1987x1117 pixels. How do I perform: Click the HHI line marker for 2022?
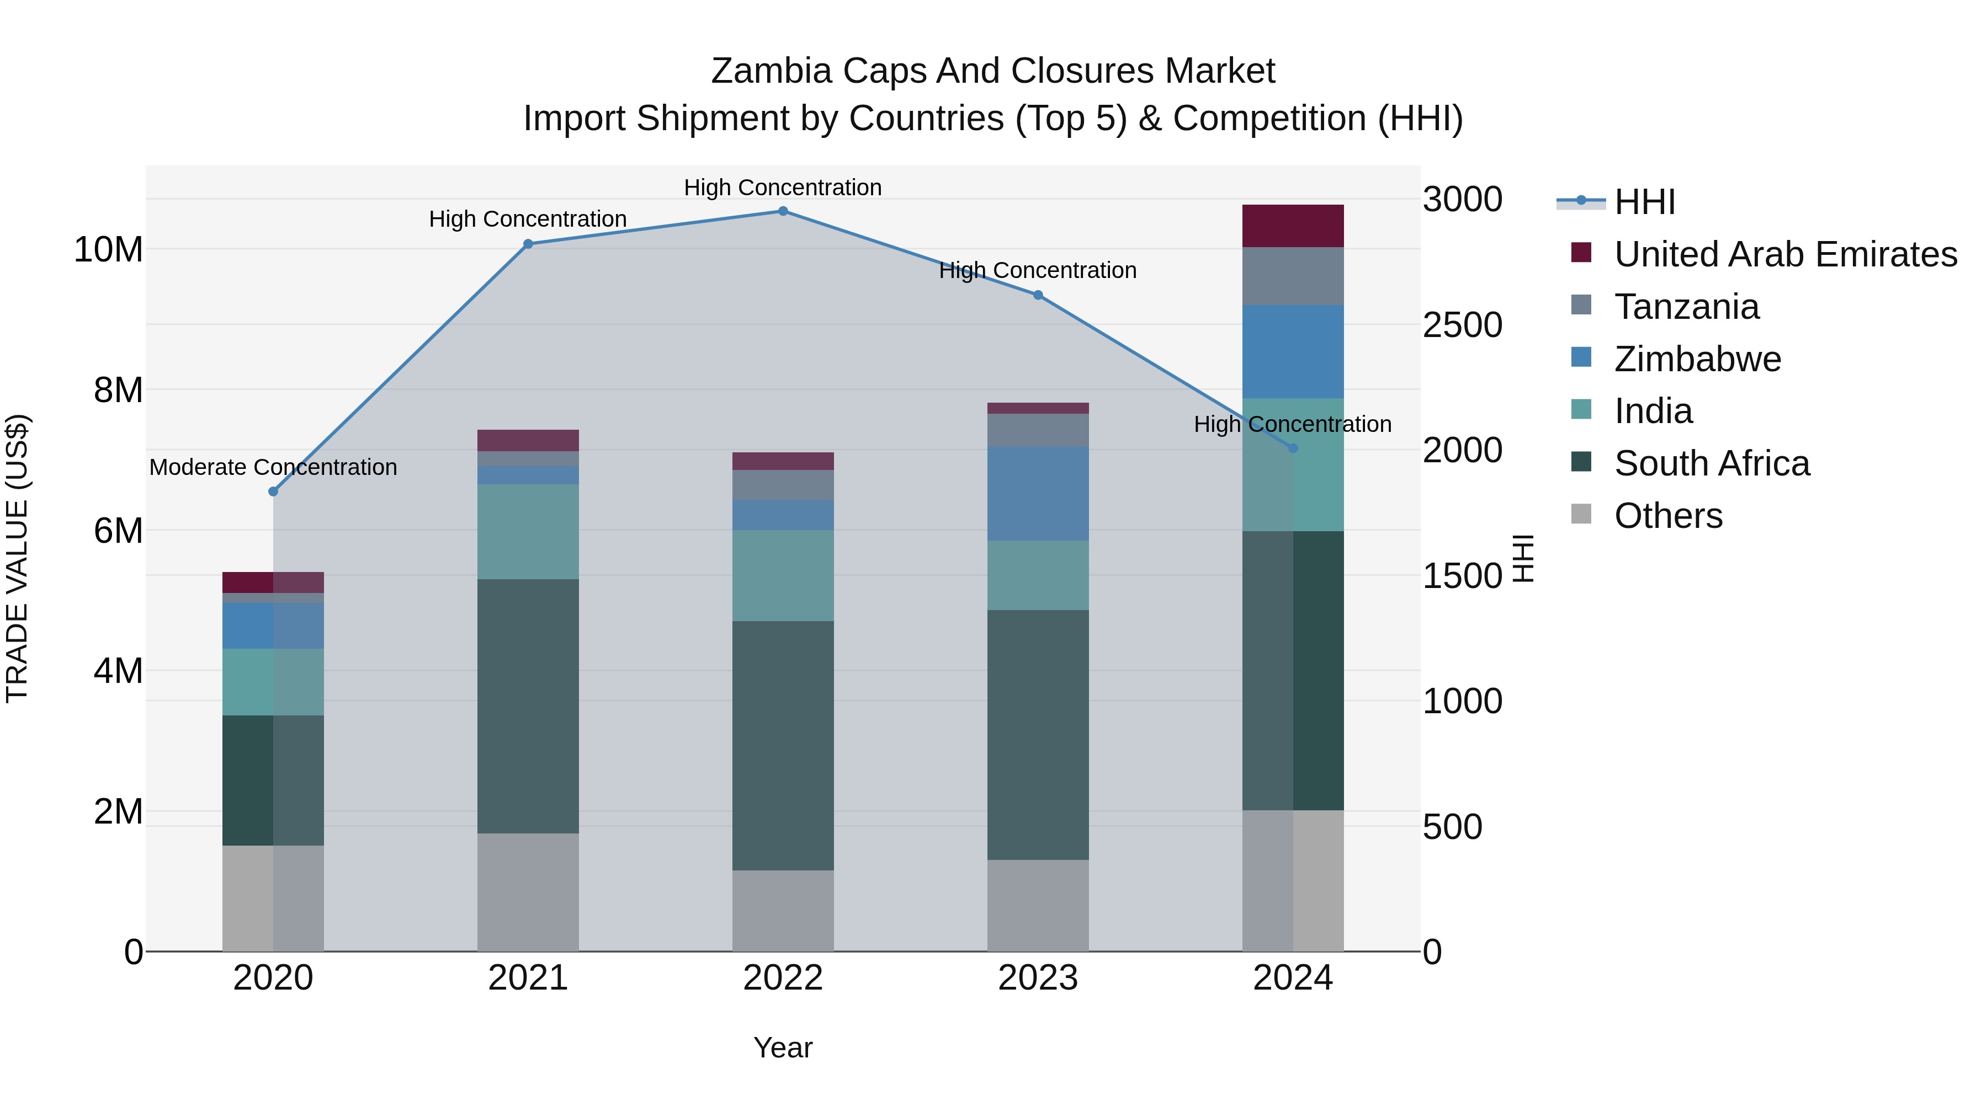point(783,211)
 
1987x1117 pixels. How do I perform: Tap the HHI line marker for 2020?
point(273,492)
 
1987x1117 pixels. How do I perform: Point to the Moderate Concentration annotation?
point(273,467)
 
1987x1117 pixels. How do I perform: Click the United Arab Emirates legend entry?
point(1785,254)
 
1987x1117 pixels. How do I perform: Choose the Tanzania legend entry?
point(1686,307)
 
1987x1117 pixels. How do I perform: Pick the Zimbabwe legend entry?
point(1697,359)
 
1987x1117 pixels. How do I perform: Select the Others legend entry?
point(1667,516)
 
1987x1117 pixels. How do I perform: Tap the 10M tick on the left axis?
point(108,250)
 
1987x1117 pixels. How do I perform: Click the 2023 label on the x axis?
point(1038,978)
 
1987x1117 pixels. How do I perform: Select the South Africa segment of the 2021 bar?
point(528,706)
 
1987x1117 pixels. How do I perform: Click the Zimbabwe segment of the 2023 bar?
point(1038,493)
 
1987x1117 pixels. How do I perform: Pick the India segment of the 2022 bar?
point(783,575)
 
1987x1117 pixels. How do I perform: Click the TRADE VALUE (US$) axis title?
point(17,558)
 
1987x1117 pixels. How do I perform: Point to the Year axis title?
point(783,1047)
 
